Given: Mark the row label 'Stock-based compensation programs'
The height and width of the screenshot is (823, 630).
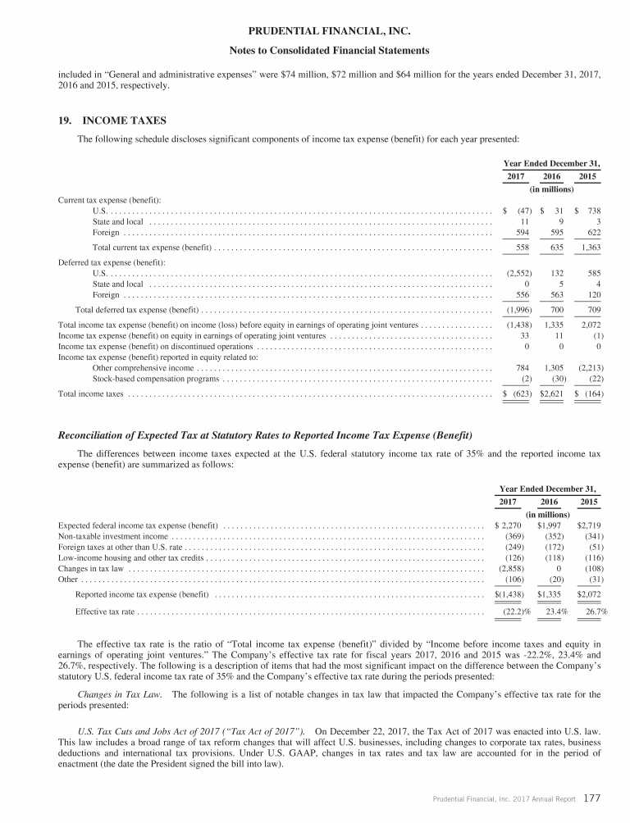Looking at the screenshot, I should point(157,379).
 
